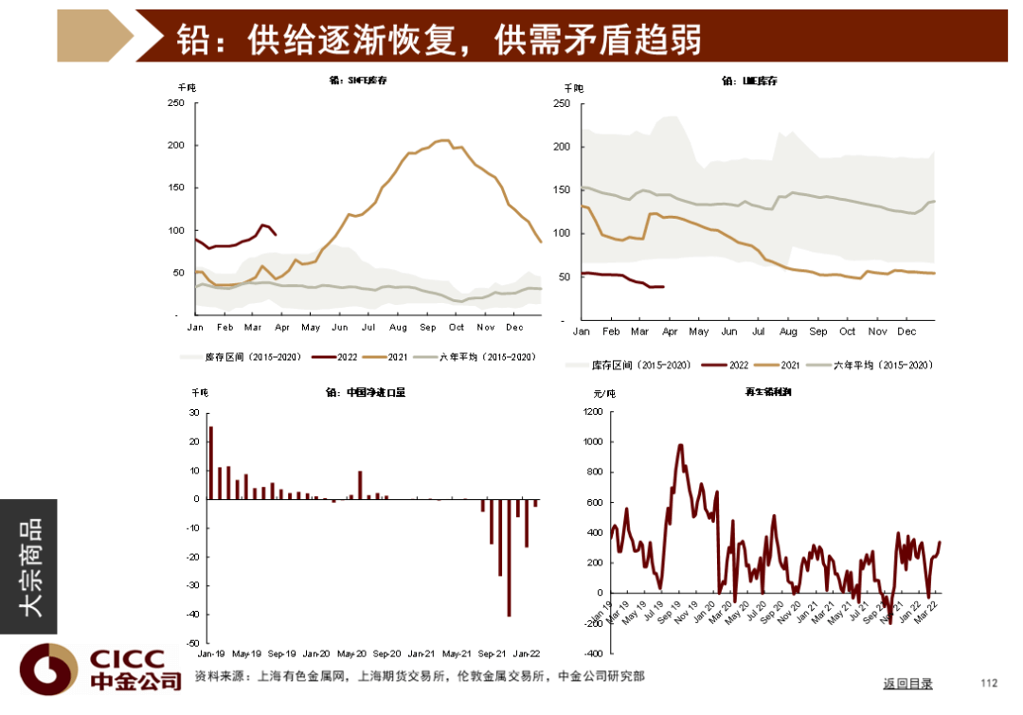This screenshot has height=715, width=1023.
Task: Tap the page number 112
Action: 990,683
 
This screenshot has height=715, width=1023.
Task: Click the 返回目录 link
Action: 907,683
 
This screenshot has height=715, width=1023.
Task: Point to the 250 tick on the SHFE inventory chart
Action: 177,102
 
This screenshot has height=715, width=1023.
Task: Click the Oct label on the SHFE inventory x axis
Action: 457,327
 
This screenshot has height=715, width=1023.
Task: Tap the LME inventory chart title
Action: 749,81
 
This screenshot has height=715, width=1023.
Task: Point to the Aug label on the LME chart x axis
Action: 788,331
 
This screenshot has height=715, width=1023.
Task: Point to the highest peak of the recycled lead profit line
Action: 680,444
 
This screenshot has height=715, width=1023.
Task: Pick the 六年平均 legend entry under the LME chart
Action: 880,365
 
